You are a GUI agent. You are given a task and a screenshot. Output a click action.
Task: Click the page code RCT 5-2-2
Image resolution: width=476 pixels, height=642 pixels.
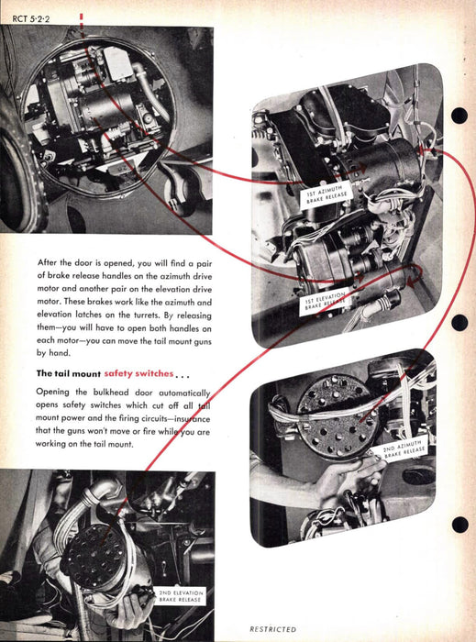(x=31, y=19)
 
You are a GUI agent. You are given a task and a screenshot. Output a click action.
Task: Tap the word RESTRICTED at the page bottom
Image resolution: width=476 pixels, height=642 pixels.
(x=272, y=629)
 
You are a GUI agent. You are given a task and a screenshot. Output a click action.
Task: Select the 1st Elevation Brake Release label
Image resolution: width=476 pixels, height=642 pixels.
(x=325, y=302)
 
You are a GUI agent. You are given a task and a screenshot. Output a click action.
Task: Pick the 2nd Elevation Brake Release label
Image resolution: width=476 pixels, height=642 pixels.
(x=181, y=596)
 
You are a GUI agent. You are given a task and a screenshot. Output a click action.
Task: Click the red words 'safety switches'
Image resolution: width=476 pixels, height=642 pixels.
(x=138, y=373)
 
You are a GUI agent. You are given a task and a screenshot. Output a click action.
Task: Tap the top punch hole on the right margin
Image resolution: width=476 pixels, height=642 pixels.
(x=459, y=116)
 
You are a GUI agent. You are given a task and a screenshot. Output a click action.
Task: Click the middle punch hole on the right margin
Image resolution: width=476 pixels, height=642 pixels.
(x=459, y=323)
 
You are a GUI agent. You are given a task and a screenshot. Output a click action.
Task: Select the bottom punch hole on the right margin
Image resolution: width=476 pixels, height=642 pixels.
(x=460, y=525)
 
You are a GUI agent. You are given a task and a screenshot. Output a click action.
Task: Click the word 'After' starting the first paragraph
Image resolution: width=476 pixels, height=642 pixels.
(x=47, y=262)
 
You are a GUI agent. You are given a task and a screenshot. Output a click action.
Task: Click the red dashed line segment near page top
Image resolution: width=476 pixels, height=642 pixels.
(x=82, y=26)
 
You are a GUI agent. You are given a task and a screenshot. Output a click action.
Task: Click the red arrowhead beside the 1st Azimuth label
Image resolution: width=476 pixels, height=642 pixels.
(x=361, y=168)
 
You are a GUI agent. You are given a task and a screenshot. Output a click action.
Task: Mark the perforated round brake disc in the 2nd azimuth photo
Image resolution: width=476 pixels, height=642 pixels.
(x=338, y=416)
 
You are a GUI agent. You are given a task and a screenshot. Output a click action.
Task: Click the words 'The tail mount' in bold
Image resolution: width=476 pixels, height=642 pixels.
(x=69, y=373)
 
